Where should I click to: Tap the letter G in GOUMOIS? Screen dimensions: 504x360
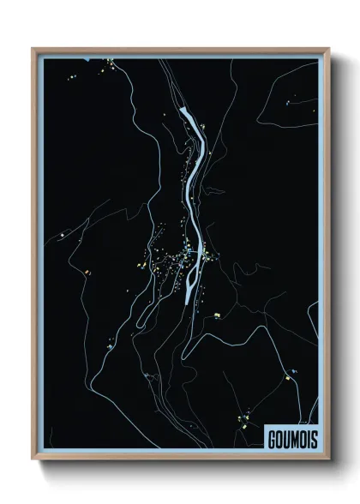coord(270,436)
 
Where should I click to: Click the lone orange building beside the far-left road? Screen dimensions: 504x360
coord(87,272)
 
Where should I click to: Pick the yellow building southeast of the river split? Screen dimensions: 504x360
coord(217,315)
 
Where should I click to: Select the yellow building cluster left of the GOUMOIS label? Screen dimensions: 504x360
coord(244,421)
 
